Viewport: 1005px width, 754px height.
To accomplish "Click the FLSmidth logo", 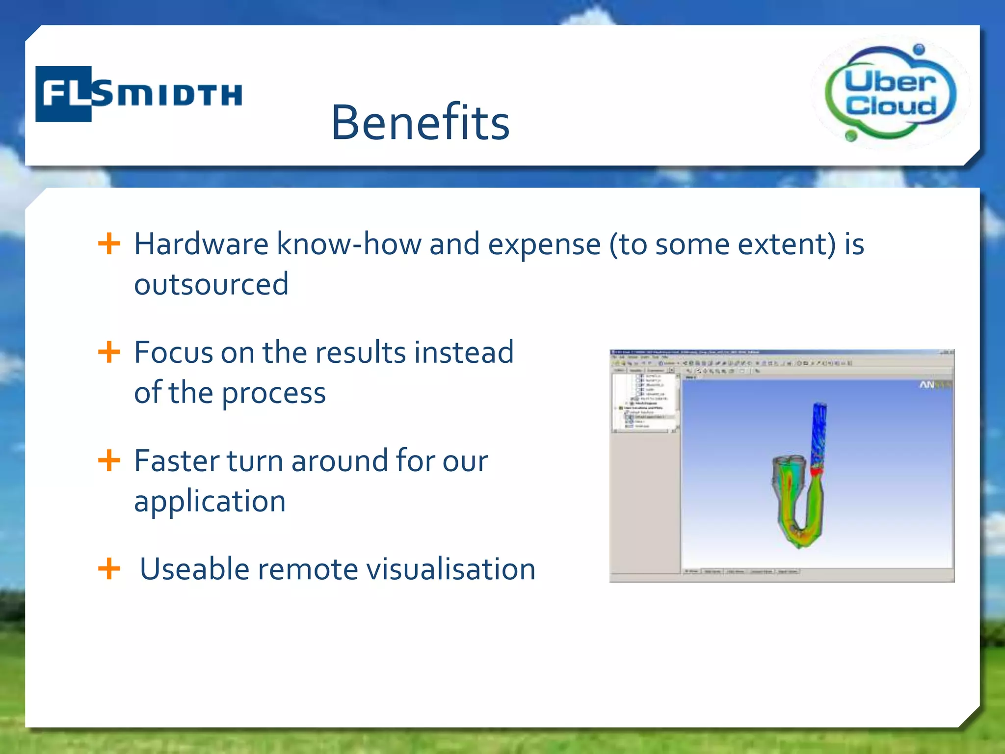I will click(x=138, y=93).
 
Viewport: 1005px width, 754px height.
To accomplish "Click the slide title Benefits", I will click(x=421, y=122).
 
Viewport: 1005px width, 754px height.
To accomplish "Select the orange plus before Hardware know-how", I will click(x=109, y=243).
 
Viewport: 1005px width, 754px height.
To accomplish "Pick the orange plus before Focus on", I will click(x=109, y=352).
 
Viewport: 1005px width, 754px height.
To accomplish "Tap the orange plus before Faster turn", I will click(x=109, y=460).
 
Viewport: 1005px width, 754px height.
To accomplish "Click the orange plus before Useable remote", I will click(x=109, y=569).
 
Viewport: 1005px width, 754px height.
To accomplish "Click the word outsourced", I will click(x=211, y=284).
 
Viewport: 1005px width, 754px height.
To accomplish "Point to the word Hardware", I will click(x=201, y=244).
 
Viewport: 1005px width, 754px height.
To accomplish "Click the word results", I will click(x=360, y=352).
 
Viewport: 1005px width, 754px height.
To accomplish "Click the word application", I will click(x=210, y=502).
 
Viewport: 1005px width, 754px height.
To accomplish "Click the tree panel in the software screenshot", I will click(x=645, y=403).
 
